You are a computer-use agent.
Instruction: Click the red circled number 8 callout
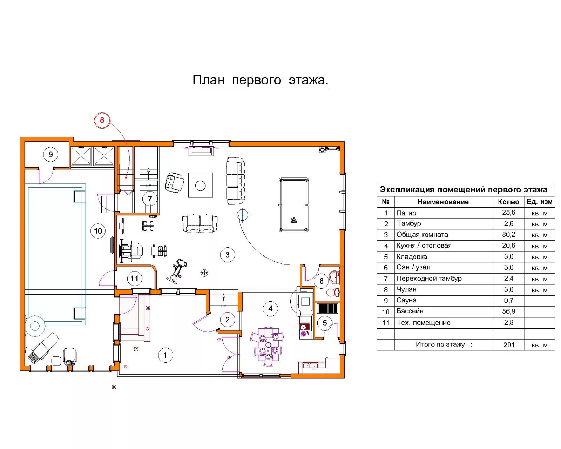pos(102,120)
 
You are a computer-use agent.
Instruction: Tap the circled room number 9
pos(50,154)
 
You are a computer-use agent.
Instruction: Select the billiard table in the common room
pos(294,205)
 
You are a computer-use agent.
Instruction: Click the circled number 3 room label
pos(228,255)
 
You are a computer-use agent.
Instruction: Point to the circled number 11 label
pos(134,279)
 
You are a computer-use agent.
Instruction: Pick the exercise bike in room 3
pos(177,271)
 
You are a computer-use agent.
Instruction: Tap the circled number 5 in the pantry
pos(325,323)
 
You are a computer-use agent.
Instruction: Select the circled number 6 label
pos(322,281)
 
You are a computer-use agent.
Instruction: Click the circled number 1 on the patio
pos(165,355)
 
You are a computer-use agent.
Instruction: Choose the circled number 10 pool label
pos(98,231)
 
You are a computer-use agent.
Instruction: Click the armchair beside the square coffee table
pos(174,183)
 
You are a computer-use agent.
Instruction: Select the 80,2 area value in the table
pos(509,235)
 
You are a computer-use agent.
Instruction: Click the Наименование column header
pos(443,202)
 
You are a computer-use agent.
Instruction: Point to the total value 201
pos(509,345)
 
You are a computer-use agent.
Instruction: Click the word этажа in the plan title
pos(308,80)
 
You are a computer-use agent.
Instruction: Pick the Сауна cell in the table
pos(406,300)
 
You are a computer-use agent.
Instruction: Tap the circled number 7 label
pos(150,199)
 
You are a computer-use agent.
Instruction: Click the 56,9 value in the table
pos(509,311)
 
